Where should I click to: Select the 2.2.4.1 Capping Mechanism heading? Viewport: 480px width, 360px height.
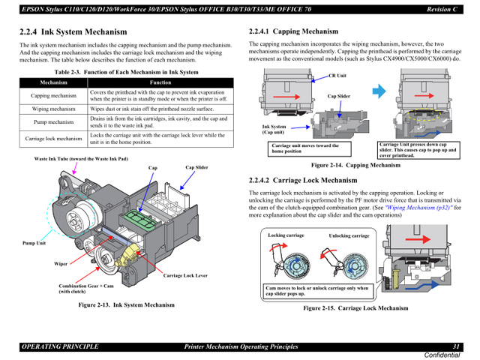click(293, 31)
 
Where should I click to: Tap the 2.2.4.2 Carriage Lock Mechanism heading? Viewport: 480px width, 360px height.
click(303, 181)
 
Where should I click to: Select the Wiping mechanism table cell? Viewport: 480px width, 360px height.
click(53, 109)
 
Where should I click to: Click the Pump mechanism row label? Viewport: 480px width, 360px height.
click(53, 121)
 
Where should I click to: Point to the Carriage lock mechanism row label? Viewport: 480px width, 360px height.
click(53, 138)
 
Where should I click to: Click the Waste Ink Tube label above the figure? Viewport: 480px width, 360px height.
click(81, 159)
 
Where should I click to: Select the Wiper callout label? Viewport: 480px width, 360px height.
click(61, 264)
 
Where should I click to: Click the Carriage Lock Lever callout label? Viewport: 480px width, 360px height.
click(185, 276)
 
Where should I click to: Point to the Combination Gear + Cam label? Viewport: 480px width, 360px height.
click(86, 286)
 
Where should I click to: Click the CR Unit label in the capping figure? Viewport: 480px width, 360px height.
click(337, 76)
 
